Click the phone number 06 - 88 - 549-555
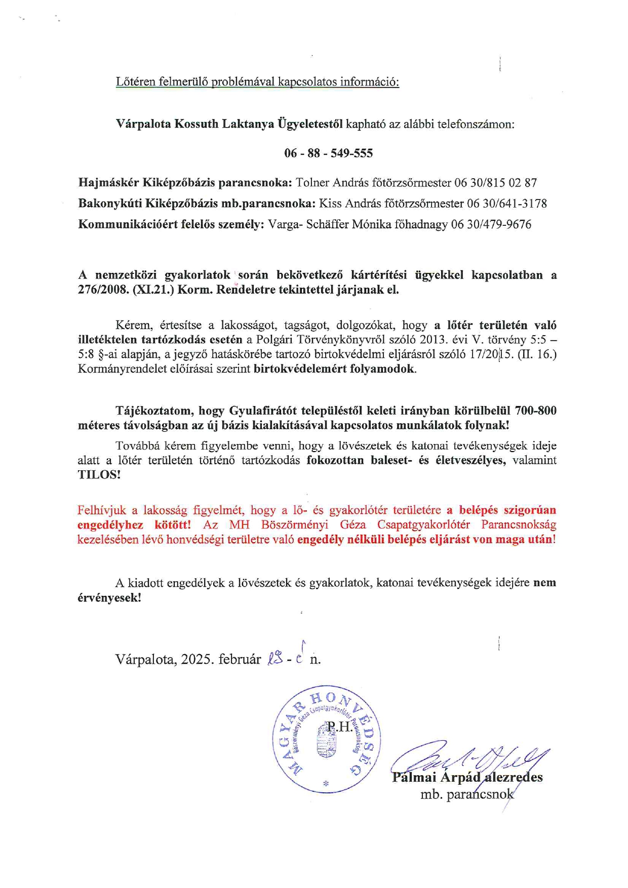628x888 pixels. click(328, 153)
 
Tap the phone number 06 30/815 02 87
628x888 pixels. click(495, 183)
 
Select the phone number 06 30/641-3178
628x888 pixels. click(507, 204)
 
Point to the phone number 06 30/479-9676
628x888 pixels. click(491, 224)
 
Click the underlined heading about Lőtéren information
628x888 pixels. click(257, 82)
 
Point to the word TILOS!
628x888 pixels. click(99, 475)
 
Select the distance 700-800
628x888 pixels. click(535, 410)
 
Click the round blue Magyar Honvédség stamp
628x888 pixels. click(327, 740)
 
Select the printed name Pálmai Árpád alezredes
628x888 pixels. click(467, 777)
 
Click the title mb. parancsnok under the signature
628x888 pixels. click(466, 794)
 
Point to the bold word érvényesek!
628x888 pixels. click(109, 597)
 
